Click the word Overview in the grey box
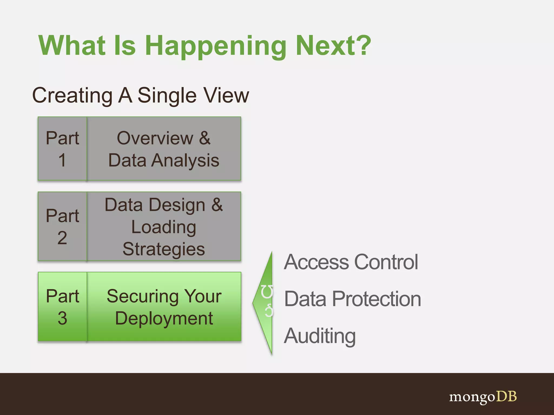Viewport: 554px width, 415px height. pos(155,138)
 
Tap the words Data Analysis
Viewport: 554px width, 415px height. pos(164,160)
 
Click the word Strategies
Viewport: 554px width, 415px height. pos(164,249)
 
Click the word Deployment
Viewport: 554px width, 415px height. pos(164,318)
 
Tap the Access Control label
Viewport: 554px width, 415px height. pos(351,262)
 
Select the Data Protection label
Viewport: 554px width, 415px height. pos(352,299)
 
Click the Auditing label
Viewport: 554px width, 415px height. pos(320,336)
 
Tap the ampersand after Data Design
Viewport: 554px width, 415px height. pos(217,205)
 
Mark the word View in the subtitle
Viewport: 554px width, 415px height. pos(226,95)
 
